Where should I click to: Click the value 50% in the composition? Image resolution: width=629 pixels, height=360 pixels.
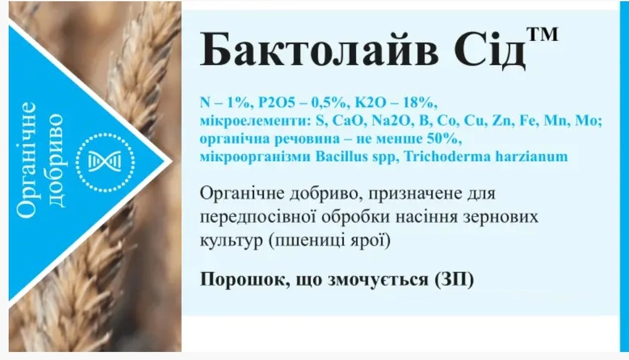point(445,139)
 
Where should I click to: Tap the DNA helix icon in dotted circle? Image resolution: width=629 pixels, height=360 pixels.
point(105,162)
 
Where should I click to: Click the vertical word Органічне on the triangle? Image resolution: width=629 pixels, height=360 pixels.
point(27,160)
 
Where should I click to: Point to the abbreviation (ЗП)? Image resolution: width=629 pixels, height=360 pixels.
point(454,279)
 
